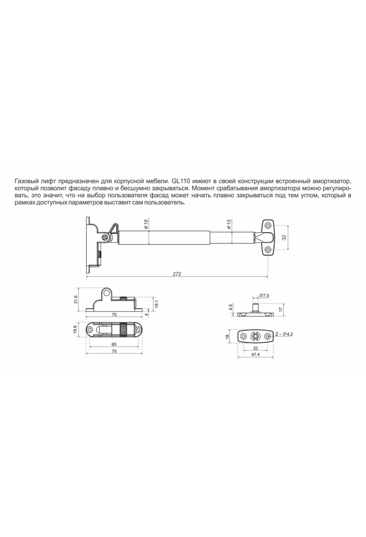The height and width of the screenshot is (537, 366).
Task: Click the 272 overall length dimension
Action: [177, 274]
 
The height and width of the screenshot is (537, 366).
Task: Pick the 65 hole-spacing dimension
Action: [114, 344]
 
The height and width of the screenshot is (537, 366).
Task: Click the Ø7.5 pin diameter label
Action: [264, 295]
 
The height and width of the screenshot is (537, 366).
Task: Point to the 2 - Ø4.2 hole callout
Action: [284, 334]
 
